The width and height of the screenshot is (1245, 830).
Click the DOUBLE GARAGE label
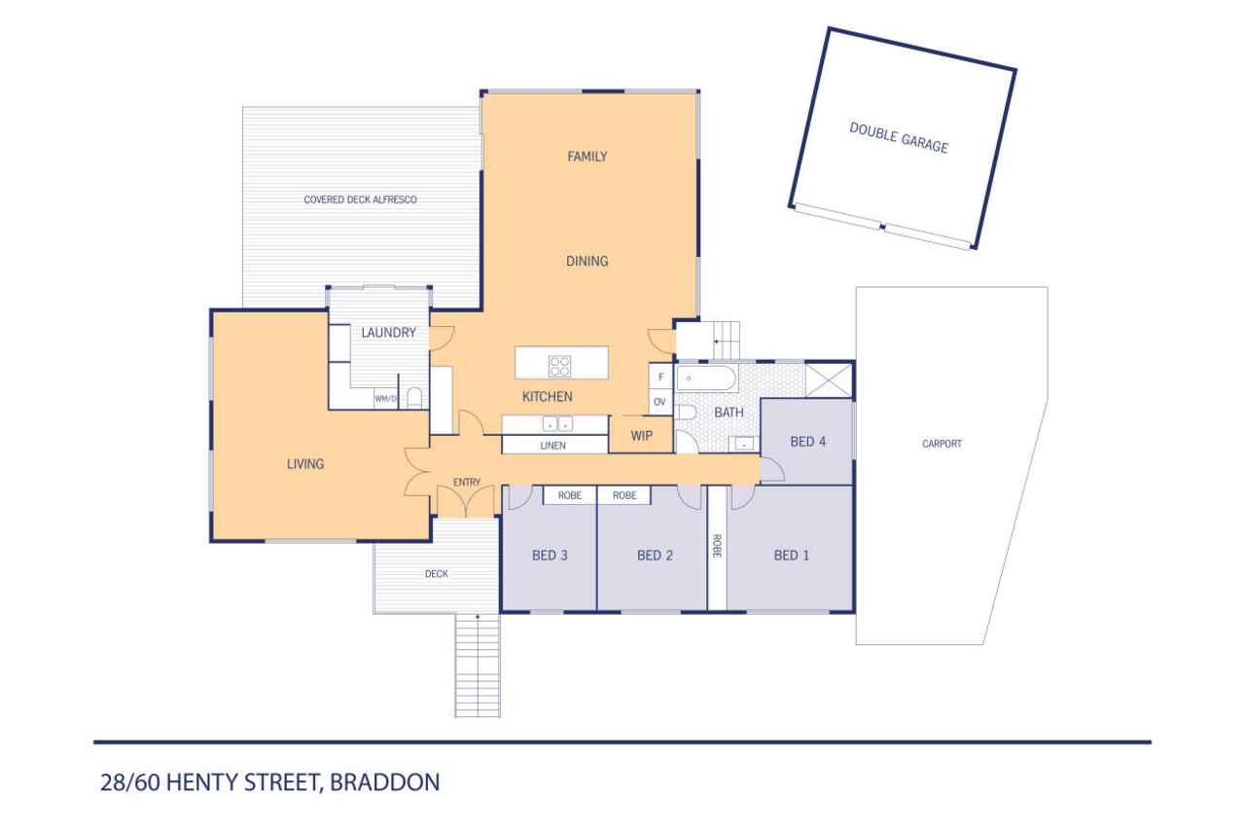pyautogui.click(x=899, y=137)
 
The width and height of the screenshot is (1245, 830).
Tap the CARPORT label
pyautogui.click(x=942, y=444)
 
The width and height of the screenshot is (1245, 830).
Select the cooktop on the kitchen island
pyautogui.click(x=559, y=366)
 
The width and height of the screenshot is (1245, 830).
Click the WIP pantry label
pyautogui.click(x=641, y=436)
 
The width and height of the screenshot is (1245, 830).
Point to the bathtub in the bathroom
pyautogui.click(x=707, y=379)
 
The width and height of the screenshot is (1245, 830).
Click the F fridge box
pyautogui.click(x=660, y=377)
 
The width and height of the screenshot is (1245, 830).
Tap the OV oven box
pyautogui.click(x=660, y=402)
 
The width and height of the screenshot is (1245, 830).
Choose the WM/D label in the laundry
pyautogui.click(x=385, y=399)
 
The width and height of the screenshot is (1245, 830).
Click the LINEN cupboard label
pyautogui.click(x=553, y=446)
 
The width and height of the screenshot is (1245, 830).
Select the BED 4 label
pyautogui.click(x=807, y=442)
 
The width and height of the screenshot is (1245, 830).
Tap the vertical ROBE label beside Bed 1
pyautogui.click(x=717, y=546)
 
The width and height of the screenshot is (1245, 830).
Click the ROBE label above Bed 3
pyautogui.click(x=570, y=495)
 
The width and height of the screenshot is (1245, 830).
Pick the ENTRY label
pyautogui.click(x=466, y=482)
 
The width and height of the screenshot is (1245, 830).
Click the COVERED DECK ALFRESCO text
pyautogui.click(x=360, y=199)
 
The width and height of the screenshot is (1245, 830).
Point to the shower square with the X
pyautogui.click(x=829, y=380)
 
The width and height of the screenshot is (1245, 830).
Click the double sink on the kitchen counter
pyautogui.click(x=557, y=424)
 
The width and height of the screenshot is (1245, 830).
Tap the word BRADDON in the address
pyautogui.click(x=384, y=782)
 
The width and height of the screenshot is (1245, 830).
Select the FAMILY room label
pyautogui.click(x=587, y=157)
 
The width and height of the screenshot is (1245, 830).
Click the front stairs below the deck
pyautogui.click(x=478, y=666)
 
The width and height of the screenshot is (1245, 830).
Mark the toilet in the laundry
pyautogui.click(x=414, y=398)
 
